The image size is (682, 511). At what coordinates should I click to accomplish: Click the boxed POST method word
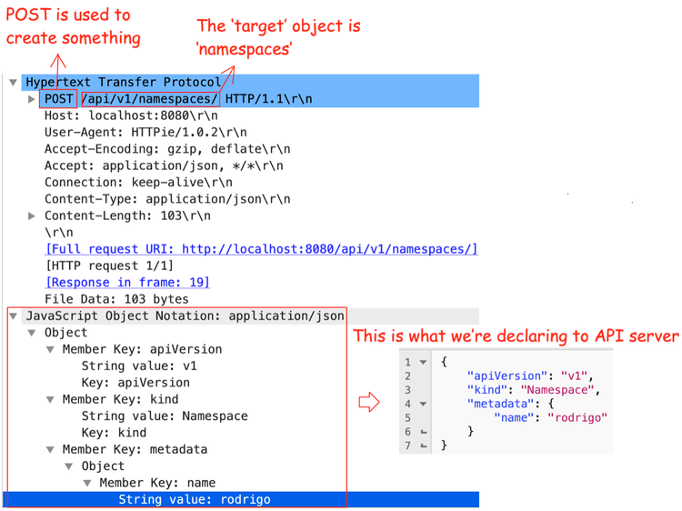[59, 99]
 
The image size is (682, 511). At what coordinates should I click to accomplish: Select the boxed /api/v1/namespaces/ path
[150, 99]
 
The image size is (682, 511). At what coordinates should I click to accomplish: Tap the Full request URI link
[262, 249]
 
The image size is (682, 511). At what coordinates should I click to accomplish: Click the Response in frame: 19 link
[127, 283]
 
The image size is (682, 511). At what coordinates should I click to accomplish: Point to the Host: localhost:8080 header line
[131, 115]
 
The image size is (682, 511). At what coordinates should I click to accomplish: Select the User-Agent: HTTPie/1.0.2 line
[145, 132]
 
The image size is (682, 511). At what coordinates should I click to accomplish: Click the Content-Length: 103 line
[127, 215]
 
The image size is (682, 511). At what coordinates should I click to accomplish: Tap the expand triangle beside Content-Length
[31, 215]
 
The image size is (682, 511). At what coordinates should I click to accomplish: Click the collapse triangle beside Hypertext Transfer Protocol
[13, 82]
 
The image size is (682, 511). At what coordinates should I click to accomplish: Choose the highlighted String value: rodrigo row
[195, 499]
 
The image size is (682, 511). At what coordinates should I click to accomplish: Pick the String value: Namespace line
[165, 416]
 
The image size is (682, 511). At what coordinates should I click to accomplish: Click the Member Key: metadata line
[135, 449]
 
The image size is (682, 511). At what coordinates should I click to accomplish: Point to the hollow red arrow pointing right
[369, 402]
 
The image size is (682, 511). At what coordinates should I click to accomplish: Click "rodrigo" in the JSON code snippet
[577, 418]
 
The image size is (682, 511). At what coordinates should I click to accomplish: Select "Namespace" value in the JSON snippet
[557, 390]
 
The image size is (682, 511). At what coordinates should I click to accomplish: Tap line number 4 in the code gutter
[407, 404]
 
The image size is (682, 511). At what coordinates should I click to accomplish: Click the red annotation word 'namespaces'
[244, 49]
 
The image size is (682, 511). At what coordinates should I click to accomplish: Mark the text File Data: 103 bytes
[116, 299]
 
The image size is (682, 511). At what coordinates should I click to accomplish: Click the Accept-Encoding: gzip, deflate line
[167, 149]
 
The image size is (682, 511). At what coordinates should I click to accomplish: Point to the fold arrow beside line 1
[423, 362]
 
